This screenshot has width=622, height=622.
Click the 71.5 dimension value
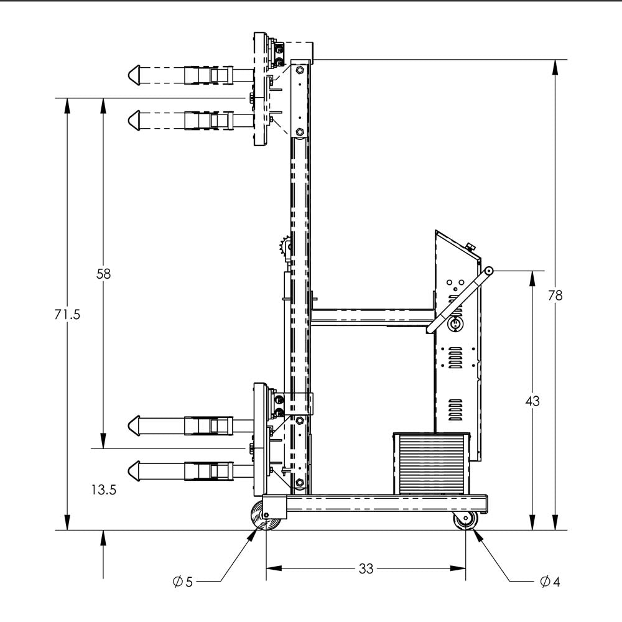67,315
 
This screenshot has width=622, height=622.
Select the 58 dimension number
103,273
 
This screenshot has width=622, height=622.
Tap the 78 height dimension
555,295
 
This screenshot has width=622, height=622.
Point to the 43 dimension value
532,401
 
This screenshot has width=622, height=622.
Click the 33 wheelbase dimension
366,569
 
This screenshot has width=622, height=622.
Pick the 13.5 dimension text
103,490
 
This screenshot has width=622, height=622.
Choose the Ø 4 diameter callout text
550,582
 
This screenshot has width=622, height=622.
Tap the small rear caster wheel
465,520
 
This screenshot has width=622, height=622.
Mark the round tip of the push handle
489,271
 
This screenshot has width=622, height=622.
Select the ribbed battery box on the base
430,463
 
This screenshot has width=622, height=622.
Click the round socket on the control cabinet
454,324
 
